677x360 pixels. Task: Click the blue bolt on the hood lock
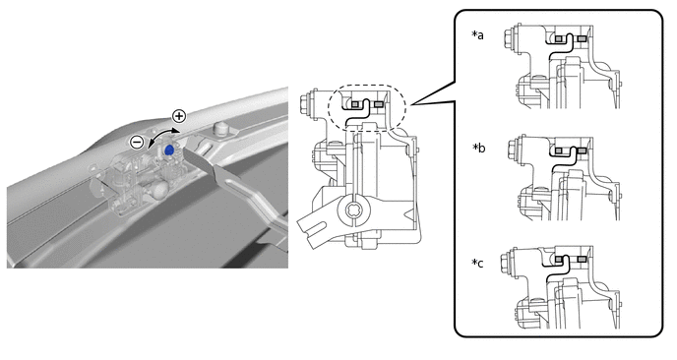click(169, 150)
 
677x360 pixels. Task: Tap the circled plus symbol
click(179, 116)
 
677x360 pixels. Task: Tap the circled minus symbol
click(138, 142)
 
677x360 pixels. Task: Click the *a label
click(477, 35)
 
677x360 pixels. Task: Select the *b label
click(479, 149)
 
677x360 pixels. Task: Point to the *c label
click(477, 263)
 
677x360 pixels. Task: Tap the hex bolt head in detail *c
click(505, 263)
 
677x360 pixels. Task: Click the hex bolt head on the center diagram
click(304, 103)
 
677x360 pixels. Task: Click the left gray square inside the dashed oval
click(355, 104)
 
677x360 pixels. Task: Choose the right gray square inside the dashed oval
click(378, 104)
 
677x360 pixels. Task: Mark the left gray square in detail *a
click(559, 38)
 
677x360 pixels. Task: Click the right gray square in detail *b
click(582, 150)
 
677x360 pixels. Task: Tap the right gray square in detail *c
click(582, 259)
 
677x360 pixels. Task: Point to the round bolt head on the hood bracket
click(220, 128)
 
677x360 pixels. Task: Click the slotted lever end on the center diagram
click(312, 226)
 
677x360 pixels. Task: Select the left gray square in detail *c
click(559, 259)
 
